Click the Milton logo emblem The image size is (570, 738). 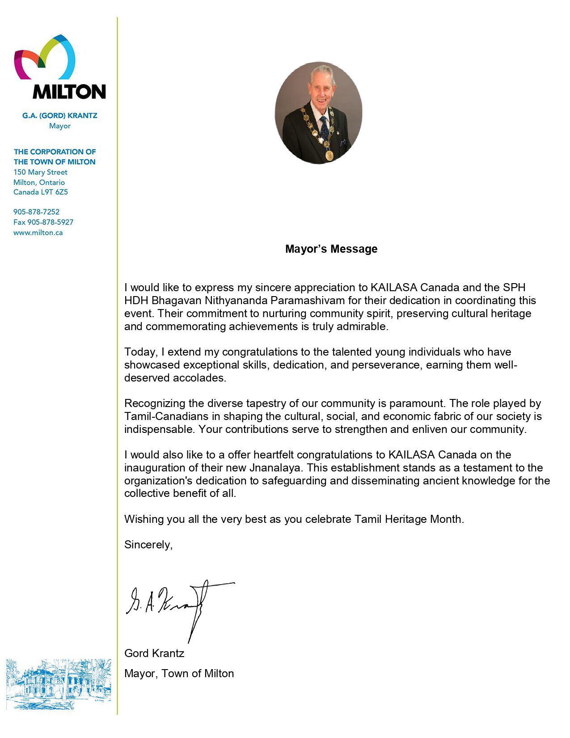pos(45,58)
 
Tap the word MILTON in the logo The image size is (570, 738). pos(69,92)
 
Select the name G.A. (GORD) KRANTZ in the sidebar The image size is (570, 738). pos(60,115)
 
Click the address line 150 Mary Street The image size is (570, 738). pos(40,172)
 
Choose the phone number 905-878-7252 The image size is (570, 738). pos(36,212)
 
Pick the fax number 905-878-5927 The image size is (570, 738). pos(50,222)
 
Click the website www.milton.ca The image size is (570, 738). pos(38,233)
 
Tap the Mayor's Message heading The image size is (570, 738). pos(331,249)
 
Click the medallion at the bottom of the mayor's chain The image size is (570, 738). pos(329,155)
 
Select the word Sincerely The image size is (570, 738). pos(148,545)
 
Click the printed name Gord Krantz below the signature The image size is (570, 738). pos(154,653)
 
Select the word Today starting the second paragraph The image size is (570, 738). pos(140,352)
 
